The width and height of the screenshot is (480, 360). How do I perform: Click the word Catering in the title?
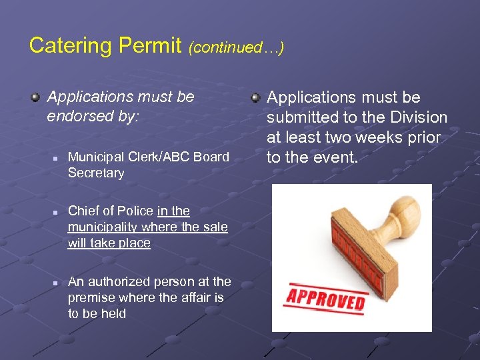[x=71, y=46]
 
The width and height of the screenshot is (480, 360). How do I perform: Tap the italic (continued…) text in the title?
[x=236, y=47]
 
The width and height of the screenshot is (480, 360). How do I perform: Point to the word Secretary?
[x=96, y=173]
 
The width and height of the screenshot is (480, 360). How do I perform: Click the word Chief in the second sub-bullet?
[x=83, y=211]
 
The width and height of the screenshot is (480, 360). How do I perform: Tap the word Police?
[x=135, y=211]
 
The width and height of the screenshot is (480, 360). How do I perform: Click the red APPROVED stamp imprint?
[x=326, y=298]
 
